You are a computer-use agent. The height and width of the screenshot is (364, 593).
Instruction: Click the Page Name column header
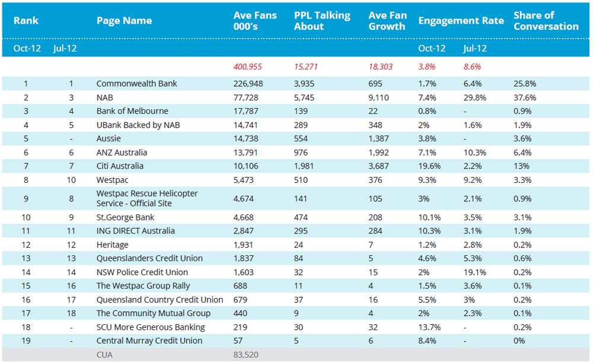[124, 21]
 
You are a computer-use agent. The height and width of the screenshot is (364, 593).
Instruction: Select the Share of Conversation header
[546, 21]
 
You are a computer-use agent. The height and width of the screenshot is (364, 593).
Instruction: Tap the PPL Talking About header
[322, 21]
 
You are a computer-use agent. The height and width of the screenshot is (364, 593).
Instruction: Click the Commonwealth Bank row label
[136, 84]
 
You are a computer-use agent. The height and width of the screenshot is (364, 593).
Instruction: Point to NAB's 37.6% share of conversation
[525, 98]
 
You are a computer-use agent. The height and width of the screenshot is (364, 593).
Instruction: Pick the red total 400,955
[247, 67]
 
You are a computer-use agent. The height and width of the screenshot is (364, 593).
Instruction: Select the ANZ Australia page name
[122, 153]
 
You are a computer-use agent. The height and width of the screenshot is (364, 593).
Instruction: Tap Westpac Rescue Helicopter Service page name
[147, 198]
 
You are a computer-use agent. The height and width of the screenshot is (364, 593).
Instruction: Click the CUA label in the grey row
[104, 355]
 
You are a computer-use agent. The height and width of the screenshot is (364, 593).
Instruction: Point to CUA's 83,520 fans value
[246, 355]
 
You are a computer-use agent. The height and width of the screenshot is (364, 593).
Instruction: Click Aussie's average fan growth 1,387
[378, 138]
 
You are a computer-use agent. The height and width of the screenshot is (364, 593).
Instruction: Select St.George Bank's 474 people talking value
[301, 217]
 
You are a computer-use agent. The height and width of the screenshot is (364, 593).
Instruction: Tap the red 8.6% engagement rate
[472, 67]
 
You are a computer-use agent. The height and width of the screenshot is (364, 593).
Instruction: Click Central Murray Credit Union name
[149, 341]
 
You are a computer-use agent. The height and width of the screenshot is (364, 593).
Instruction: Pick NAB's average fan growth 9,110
[378, 98]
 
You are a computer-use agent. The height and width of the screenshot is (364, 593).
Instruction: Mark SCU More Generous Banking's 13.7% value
[429, 327]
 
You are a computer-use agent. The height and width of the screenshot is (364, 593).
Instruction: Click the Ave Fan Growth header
[388, 21]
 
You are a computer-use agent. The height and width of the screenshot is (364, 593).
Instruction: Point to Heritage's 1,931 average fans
[243, 245]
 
